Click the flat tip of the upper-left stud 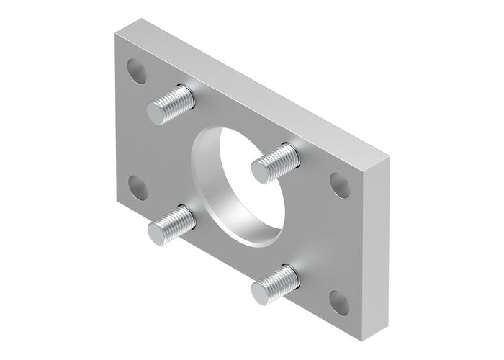pos(158,112)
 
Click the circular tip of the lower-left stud pos(158,232)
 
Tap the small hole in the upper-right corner pos(336,182)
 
